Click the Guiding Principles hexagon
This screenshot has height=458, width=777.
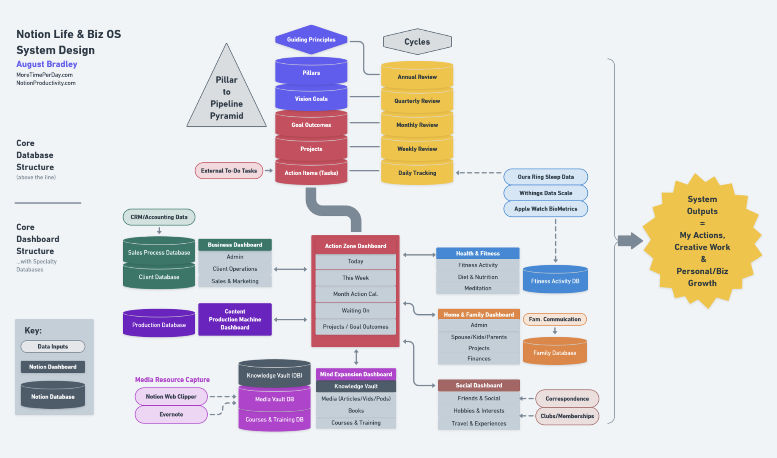pos(311,39)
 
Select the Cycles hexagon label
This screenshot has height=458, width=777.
pos(417,42)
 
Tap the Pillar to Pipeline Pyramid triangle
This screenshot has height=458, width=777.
pos(226,97)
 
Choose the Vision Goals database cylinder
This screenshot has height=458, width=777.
pos(311,99)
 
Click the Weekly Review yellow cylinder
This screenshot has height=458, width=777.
pos(417,149)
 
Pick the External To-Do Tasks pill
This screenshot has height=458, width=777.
pos(229,171)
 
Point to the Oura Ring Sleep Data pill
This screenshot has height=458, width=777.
pos(546,177)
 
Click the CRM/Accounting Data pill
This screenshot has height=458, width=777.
pos(159,217)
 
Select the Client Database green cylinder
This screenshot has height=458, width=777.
pos(159,277)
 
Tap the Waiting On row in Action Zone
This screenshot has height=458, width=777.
pos(355,311)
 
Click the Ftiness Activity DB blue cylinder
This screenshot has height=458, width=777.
pos(555,281)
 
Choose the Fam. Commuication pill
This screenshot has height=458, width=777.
pos(555,319)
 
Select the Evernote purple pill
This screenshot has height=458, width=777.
pos(171,414)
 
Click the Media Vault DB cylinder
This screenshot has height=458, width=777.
pos(274,399)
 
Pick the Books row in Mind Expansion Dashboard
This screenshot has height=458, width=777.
pos(356,411)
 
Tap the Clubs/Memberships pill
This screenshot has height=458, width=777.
pos(567,416)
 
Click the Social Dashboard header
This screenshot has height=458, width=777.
pos(479,385)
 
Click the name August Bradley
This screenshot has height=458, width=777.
pos(47,64)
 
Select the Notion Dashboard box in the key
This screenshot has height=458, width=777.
pos(53,367)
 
